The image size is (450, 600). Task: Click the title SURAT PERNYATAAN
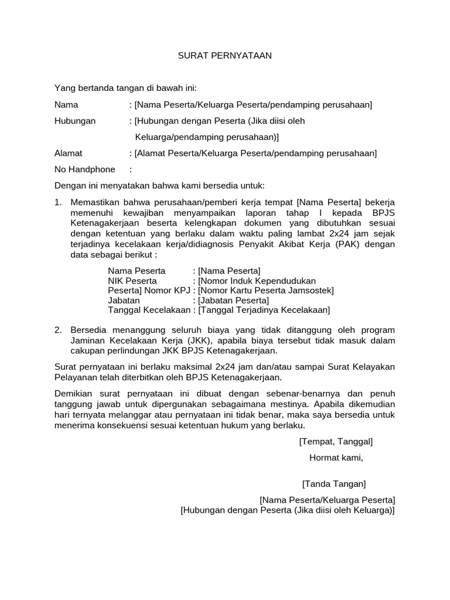pos(226,56)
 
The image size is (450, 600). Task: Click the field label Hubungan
pos(74,121)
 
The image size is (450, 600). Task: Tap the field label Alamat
pos(69,154)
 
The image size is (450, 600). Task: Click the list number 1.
pos(57,202)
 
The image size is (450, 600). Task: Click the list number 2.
pos(57,330)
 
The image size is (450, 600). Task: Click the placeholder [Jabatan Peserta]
pos(234,300)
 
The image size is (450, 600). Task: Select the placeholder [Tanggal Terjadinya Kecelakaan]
pos(264,310)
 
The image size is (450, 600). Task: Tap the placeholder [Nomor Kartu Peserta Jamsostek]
pos(266,290)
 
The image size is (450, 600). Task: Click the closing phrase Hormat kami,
pos(336,457)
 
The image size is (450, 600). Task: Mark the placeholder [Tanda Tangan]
pos(334,484)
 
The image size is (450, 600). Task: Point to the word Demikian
pos(74,394)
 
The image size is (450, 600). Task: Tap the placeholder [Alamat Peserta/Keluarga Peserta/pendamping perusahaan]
pos(255,154)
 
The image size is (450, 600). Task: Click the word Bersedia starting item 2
pos(88,330)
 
